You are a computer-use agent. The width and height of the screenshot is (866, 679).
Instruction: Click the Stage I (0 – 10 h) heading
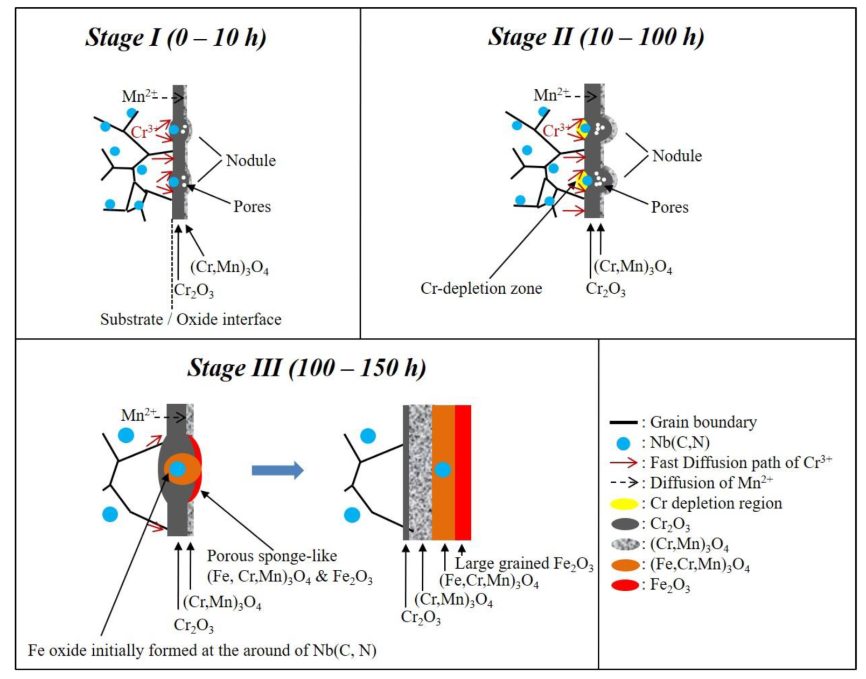tap(176, 38)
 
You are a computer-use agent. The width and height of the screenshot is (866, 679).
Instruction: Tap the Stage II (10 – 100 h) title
tap(596, 37)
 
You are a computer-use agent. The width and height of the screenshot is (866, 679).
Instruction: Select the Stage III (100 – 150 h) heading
tap(306, 368)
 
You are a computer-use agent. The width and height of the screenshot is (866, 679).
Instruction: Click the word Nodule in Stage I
tap(250, 160)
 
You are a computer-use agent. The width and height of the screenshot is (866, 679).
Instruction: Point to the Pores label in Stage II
tap(669, 207)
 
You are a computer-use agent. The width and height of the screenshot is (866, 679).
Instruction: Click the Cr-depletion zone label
tap(481, 288)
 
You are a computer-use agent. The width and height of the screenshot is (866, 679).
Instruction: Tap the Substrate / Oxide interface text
tap(191, 319)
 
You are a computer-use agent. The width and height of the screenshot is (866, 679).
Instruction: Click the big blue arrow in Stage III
tap(277, 470)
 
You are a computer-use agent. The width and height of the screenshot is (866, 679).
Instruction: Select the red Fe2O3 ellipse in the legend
tap(625, 585)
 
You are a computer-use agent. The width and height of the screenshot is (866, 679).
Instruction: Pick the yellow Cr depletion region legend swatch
tap(625, 504)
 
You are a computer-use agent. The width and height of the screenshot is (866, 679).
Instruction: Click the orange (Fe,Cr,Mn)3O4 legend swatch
tap(625, 565)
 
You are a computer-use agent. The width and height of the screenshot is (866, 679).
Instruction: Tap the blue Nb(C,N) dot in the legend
tap(623, 443)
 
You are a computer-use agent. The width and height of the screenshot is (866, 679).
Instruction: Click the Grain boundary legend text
tap(703, 422)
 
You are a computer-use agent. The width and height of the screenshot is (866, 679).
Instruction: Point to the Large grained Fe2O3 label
tap(523, 563)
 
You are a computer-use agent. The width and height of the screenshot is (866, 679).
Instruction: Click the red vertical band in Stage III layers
tap(463, 472)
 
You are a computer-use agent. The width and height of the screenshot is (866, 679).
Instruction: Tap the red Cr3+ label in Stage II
tap(555, 130)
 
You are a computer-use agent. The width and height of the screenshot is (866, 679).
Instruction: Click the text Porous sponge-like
tap(272, 556)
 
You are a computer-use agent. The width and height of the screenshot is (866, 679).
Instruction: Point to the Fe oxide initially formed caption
tap(202, 650)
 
